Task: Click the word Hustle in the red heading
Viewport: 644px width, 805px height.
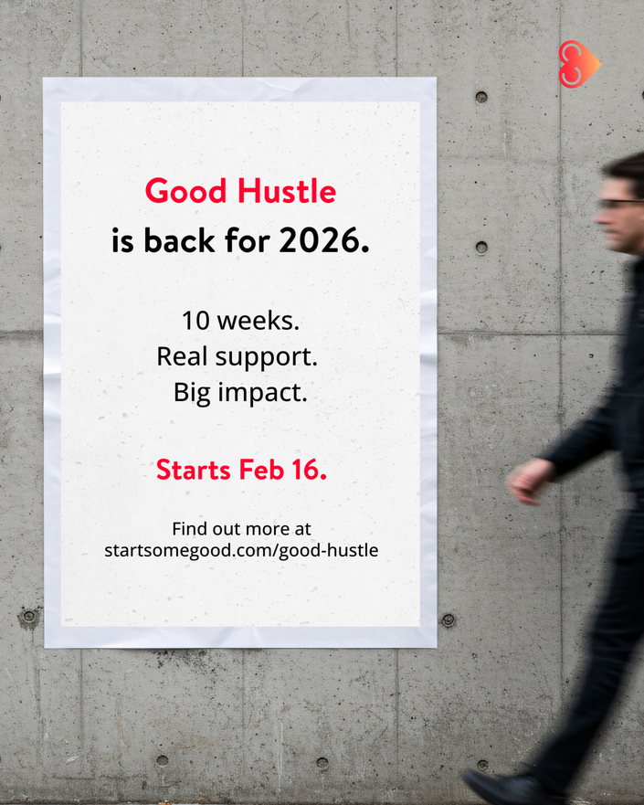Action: (x=287, y=191)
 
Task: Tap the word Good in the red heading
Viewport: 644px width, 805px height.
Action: (x=185, y=191)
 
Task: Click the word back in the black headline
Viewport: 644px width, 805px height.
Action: (x=179, y=240)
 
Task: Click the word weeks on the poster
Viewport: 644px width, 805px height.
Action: (x=259, y=321)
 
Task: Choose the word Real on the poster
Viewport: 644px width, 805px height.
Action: (x=182, y=356)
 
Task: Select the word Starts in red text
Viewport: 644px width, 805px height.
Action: (x=194, y=470)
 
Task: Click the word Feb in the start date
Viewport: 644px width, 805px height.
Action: (x=261, y=470)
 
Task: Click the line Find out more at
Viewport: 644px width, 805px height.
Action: (x=242, y=529)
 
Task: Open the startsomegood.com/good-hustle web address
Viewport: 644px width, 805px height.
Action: (x=241, y=550)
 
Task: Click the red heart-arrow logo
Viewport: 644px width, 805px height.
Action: (x=579, y=64)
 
